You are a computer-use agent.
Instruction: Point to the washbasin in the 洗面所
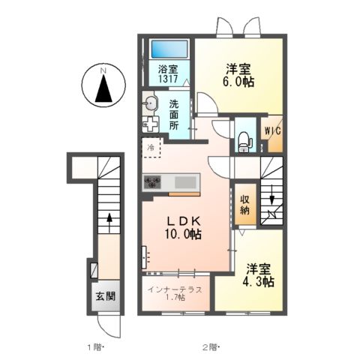point(151,103)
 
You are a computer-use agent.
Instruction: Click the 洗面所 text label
point(173,116)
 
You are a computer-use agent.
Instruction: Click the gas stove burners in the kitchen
point(154,181)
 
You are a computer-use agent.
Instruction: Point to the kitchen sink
point(184,181)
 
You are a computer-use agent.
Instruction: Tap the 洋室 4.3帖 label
point(259,275)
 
